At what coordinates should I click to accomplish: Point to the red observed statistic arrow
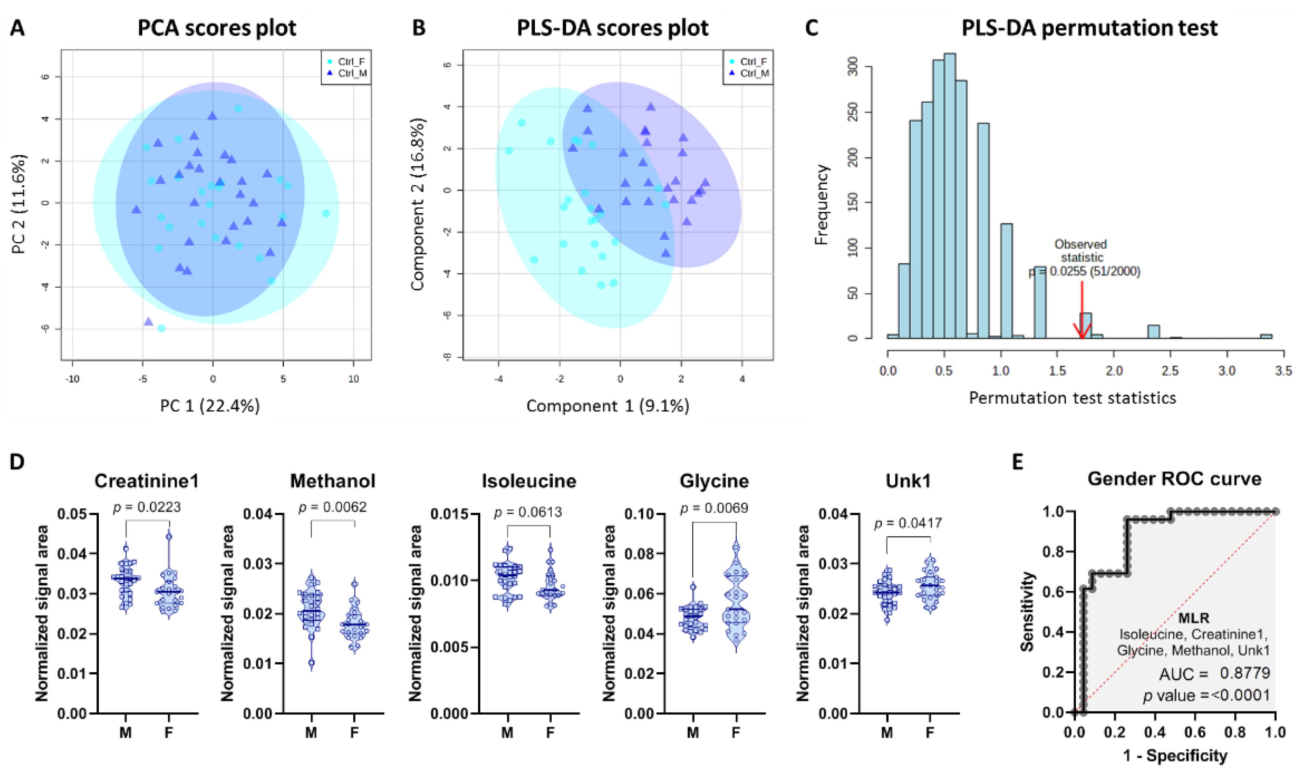(x=1082, y=312)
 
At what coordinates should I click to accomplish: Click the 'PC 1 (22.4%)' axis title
(x=209, y=405)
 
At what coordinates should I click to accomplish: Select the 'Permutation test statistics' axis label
(x=1072, y=398)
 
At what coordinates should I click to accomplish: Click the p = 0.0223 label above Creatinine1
(x=147, y=507)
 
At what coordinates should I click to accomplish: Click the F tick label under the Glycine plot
(x=736, y=733)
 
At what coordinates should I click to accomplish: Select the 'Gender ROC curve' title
(x=1174, y=478)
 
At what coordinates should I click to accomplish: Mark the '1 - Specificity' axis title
(x=1175, y=756)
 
